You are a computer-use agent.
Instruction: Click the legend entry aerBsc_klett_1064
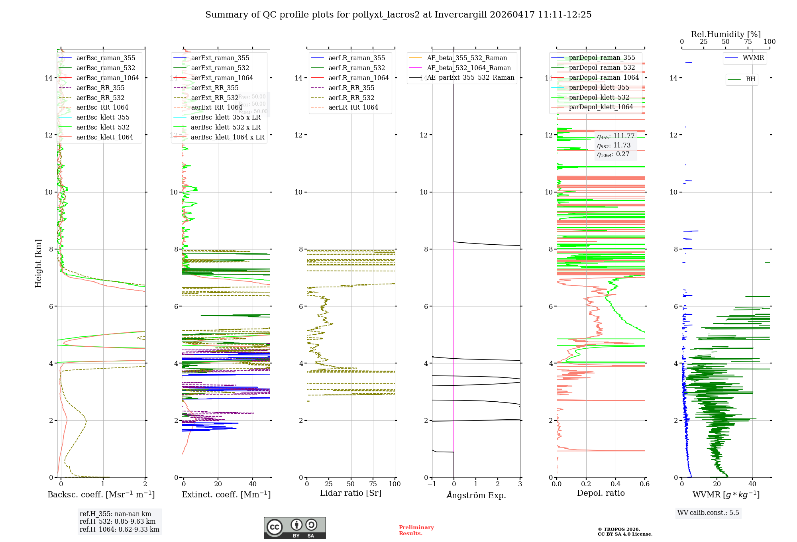tap(104, 137)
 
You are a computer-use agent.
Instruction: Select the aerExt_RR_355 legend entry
tap(214, 88)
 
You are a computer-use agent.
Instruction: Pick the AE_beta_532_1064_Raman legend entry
tap(469, 68)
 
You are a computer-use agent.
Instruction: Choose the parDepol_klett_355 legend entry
tap(599, 87)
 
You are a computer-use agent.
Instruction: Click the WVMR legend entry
tap(753, 58)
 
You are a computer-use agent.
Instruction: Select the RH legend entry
tap(750, 79)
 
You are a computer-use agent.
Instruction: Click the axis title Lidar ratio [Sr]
tap(351, 493)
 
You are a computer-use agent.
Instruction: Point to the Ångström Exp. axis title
tap(476, 495)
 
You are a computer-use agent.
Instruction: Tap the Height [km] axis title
tap(38, 263)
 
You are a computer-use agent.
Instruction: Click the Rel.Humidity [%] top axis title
tap(726, 34)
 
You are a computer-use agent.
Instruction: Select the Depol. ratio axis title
tap(601, 493)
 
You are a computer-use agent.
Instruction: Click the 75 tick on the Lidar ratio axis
tap(373, 484)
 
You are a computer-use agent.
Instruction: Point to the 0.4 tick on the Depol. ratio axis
tap(615, 484)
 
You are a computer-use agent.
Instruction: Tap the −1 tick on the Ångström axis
tap(432, 484)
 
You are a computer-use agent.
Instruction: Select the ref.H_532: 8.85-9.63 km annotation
tap(118, 521)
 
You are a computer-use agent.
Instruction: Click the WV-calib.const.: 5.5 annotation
tap(708, 513)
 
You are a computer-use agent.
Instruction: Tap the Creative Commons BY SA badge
tap(294, 528)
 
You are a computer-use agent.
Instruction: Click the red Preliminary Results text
tap(416, 530)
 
